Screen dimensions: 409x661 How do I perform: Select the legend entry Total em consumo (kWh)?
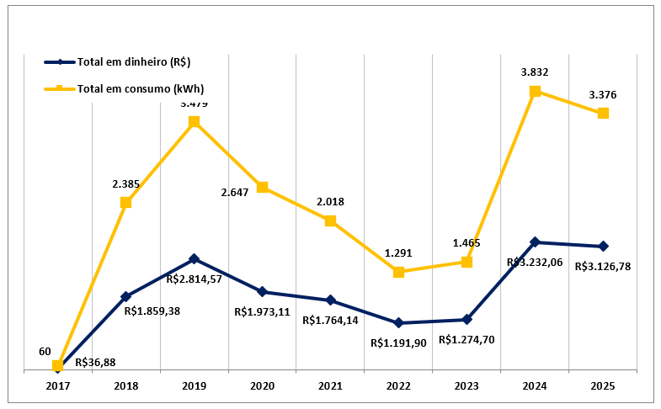click(x=140, y=88)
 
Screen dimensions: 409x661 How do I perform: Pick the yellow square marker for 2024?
click(x=535, y=91)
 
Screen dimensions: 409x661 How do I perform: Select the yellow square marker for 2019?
click(x=194, y=122)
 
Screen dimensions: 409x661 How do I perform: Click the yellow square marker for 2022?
click(x=398, y=272)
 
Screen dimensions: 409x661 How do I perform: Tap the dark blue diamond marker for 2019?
click(x=194, y=258)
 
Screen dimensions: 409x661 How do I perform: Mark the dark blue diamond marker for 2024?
click(x=535, y=242)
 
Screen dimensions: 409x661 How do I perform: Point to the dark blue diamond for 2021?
click(x=330, y=300)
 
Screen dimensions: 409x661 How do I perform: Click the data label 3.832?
click(x=535, y=73)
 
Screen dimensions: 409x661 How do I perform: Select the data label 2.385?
click(x=125, y=183)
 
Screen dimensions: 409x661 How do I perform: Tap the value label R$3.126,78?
click(x=603, y=266)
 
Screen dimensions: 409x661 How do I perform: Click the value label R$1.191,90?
click(x=399, y=343)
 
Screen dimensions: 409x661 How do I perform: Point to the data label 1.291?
click(x=398, y=252)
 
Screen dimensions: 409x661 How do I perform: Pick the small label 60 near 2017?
click(x=45, y=351)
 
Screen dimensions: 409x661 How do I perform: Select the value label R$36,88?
click(x=95, y=364)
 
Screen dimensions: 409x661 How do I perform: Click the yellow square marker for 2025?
click(x=603, y=113)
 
